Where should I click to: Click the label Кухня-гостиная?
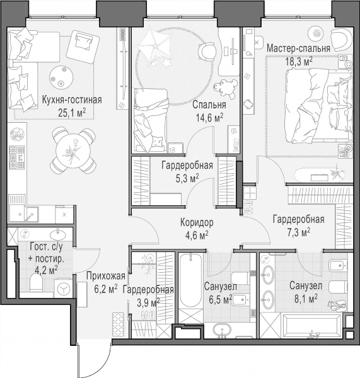[72, 100]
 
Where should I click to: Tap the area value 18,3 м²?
[299, 62]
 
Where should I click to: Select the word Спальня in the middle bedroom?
[209, 105]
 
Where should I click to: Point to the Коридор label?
[197, 222]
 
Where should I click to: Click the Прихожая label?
[106, 276]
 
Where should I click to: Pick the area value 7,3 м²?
[299, 232]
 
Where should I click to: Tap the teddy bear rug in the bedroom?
[225, 89]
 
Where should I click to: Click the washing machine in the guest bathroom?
[63, 289]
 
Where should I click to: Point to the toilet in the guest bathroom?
[36, 283]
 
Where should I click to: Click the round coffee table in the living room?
[61, 77]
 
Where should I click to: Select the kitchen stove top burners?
[16, 157]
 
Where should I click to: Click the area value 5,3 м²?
[187, 178]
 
